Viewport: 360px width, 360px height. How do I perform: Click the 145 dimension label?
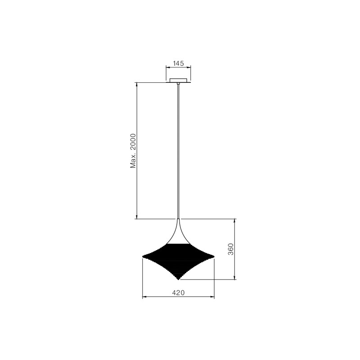click(178, 63)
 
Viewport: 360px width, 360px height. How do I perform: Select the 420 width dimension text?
click(178, 292)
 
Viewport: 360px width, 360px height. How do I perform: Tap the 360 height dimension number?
click(230, 249)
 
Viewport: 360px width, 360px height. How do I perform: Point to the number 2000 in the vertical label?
click(133, 142)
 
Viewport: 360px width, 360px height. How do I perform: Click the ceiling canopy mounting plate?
click(178, 80)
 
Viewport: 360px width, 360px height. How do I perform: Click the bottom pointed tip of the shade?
click(178, 280)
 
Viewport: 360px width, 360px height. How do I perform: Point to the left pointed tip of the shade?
click(143, 256)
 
